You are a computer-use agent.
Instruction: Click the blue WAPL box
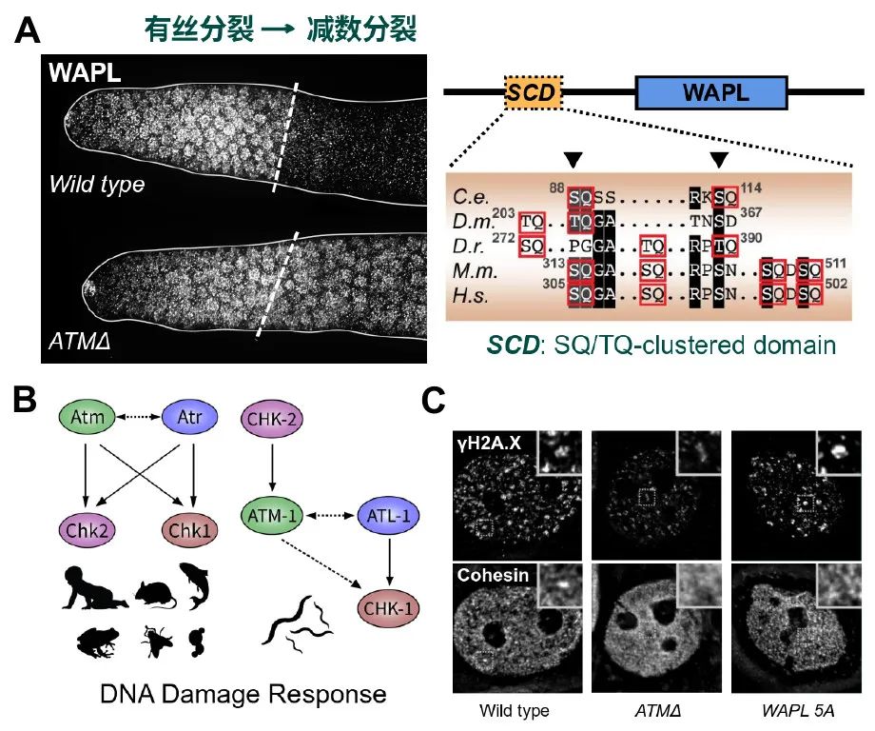(x=711, y=92)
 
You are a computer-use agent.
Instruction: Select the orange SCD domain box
(x=533, y=92)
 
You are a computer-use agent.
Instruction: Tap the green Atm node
(x=87, y=417)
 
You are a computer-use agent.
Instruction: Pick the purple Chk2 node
(x=87, y=528)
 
